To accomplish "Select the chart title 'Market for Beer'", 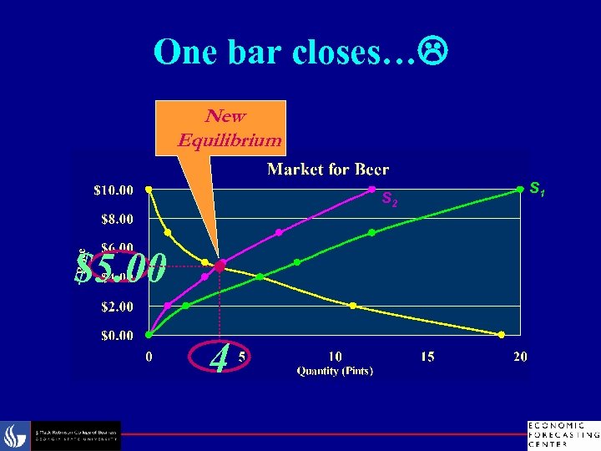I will tap(328, 170).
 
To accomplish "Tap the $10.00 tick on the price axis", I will tap(112, 190).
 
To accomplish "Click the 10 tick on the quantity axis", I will tap(334, 357).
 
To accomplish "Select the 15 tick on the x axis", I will tap(427, 357).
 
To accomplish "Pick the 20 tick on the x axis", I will tap(520, 357).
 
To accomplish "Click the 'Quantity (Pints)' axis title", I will tap(335, 370).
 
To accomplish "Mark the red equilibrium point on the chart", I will tap(220, 266).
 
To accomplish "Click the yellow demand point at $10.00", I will tap(149, 190).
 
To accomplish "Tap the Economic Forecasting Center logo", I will tap(563, 433).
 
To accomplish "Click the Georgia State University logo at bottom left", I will tap(63, 435).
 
